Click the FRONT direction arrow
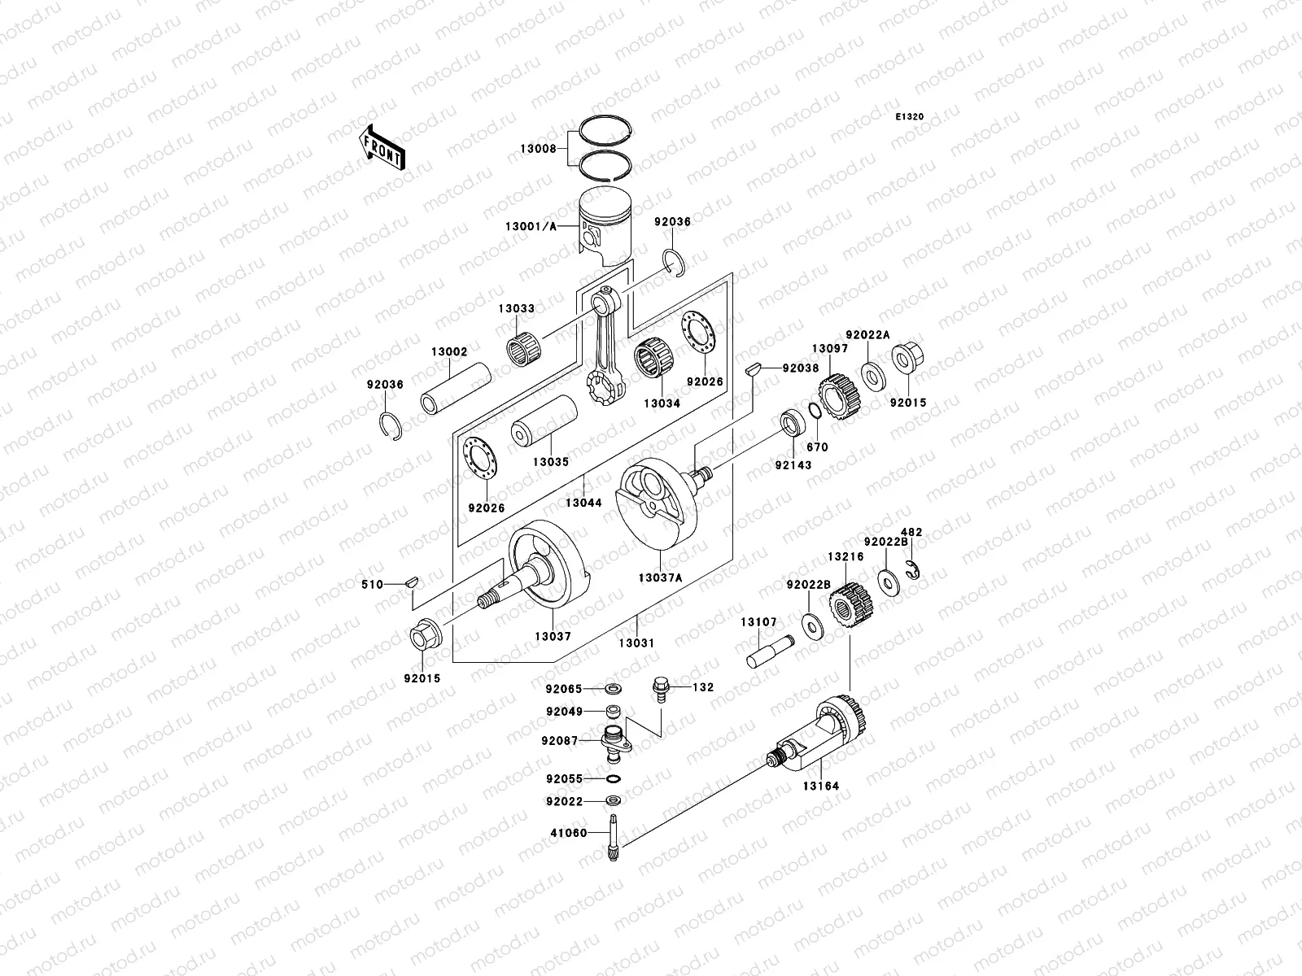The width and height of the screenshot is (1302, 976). tap(382, 147)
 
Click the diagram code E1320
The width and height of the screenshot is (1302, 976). tap(910, 117)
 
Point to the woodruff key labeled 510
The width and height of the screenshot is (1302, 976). tap(413, 582)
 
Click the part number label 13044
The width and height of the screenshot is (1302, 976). tap(583, 503)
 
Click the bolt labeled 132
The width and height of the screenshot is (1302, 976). tap(658, 688)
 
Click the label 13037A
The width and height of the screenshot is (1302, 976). tap(660, 577)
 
